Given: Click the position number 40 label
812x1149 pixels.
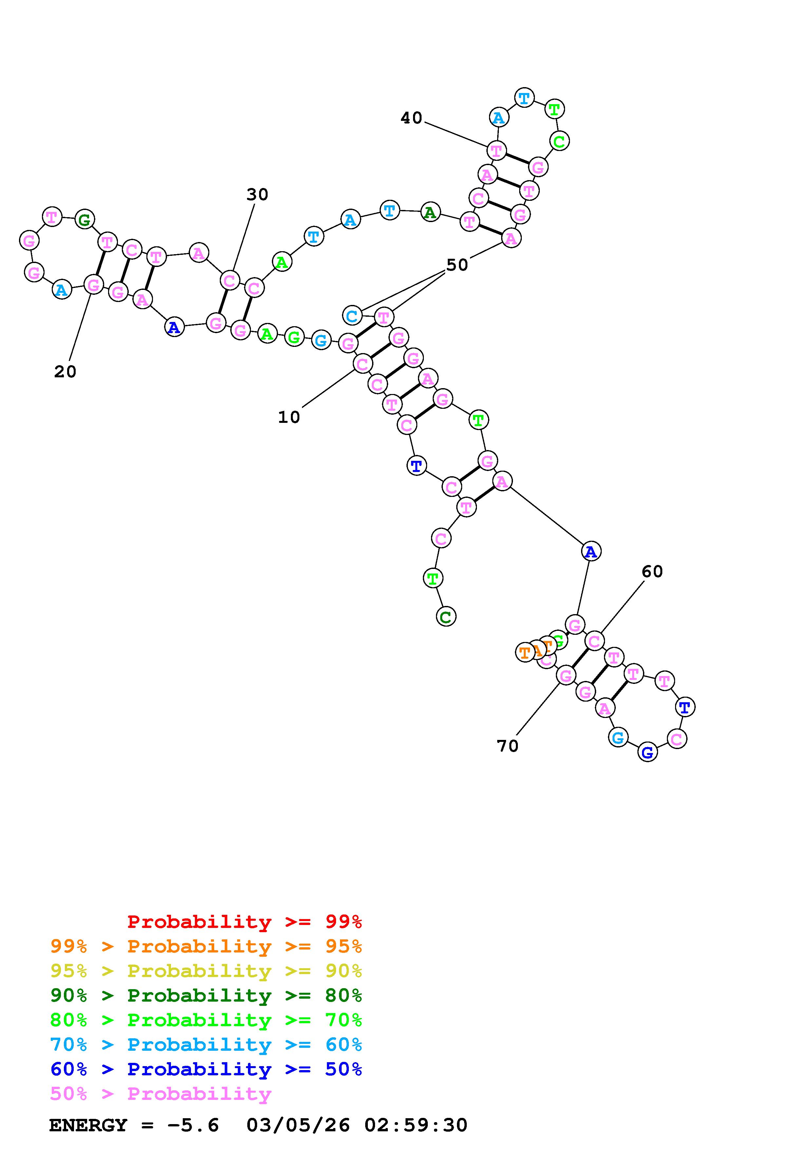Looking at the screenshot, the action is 411,118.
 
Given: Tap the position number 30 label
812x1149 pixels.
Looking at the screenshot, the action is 257,195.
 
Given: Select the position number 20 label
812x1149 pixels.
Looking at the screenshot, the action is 65,371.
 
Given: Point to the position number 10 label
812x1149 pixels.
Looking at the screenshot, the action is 289,417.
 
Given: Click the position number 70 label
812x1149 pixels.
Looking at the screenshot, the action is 507,746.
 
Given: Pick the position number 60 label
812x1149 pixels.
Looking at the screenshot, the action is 652,572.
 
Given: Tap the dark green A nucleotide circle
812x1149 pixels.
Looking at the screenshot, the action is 430,213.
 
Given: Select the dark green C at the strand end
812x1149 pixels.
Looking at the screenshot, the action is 446,616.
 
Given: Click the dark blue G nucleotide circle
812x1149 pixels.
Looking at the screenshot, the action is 647,752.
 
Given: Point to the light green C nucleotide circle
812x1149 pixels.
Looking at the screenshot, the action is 559,141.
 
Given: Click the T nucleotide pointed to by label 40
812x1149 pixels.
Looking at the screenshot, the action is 496,150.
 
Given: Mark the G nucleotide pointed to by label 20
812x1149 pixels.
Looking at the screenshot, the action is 93,285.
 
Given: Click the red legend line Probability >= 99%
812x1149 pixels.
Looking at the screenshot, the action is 245,921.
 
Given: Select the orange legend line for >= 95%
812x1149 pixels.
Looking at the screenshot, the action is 206,946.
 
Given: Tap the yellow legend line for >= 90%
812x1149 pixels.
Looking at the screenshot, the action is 206,971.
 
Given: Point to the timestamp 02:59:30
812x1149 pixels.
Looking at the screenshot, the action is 416,1125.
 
